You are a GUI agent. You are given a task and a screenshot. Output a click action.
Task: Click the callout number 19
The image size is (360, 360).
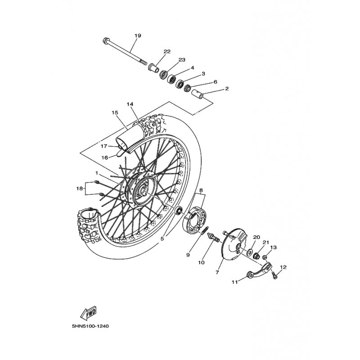[x=138, y=36]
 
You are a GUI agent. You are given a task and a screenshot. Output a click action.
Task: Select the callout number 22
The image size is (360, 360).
[x=167, y=51]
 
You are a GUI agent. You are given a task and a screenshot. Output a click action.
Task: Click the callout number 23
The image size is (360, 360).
[x=182, y=60]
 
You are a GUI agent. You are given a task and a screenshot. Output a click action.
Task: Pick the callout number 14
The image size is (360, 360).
[x=130, y=104]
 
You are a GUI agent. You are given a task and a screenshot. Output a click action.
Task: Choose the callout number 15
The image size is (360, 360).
[x=115, y=112]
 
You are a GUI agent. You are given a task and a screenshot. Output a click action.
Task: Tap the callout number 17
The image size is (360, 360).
[x=104, y=146]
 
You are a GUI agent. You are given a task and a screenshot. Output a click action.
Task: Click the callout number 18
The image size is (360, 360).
[x=80, y=189]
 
